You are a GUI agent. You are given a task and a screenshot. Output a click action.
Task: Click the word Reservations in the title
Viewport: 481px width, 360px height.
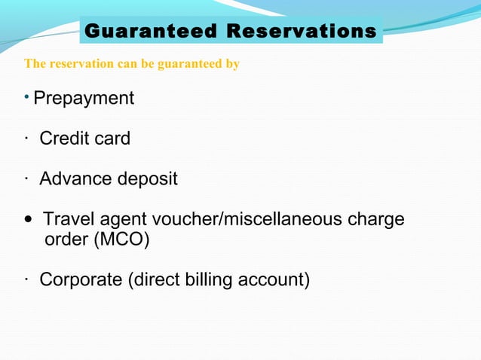(x=302, y=32)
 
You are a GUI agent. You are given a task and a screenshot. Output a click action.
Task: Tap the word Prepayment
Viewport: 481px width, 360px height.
(x=84, y=98)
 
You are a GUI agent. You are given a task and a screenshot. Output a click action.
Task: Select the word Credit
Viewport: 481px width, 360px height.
(x=63, y=139)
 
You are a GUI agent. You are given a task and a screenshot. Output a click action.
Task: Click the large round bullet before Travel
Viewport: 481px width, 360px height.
(x=29, y=221)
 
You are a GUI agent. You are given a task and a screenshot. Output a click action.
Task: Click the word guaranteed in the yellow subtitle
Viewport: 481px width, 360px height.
(x=188, y=64)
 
